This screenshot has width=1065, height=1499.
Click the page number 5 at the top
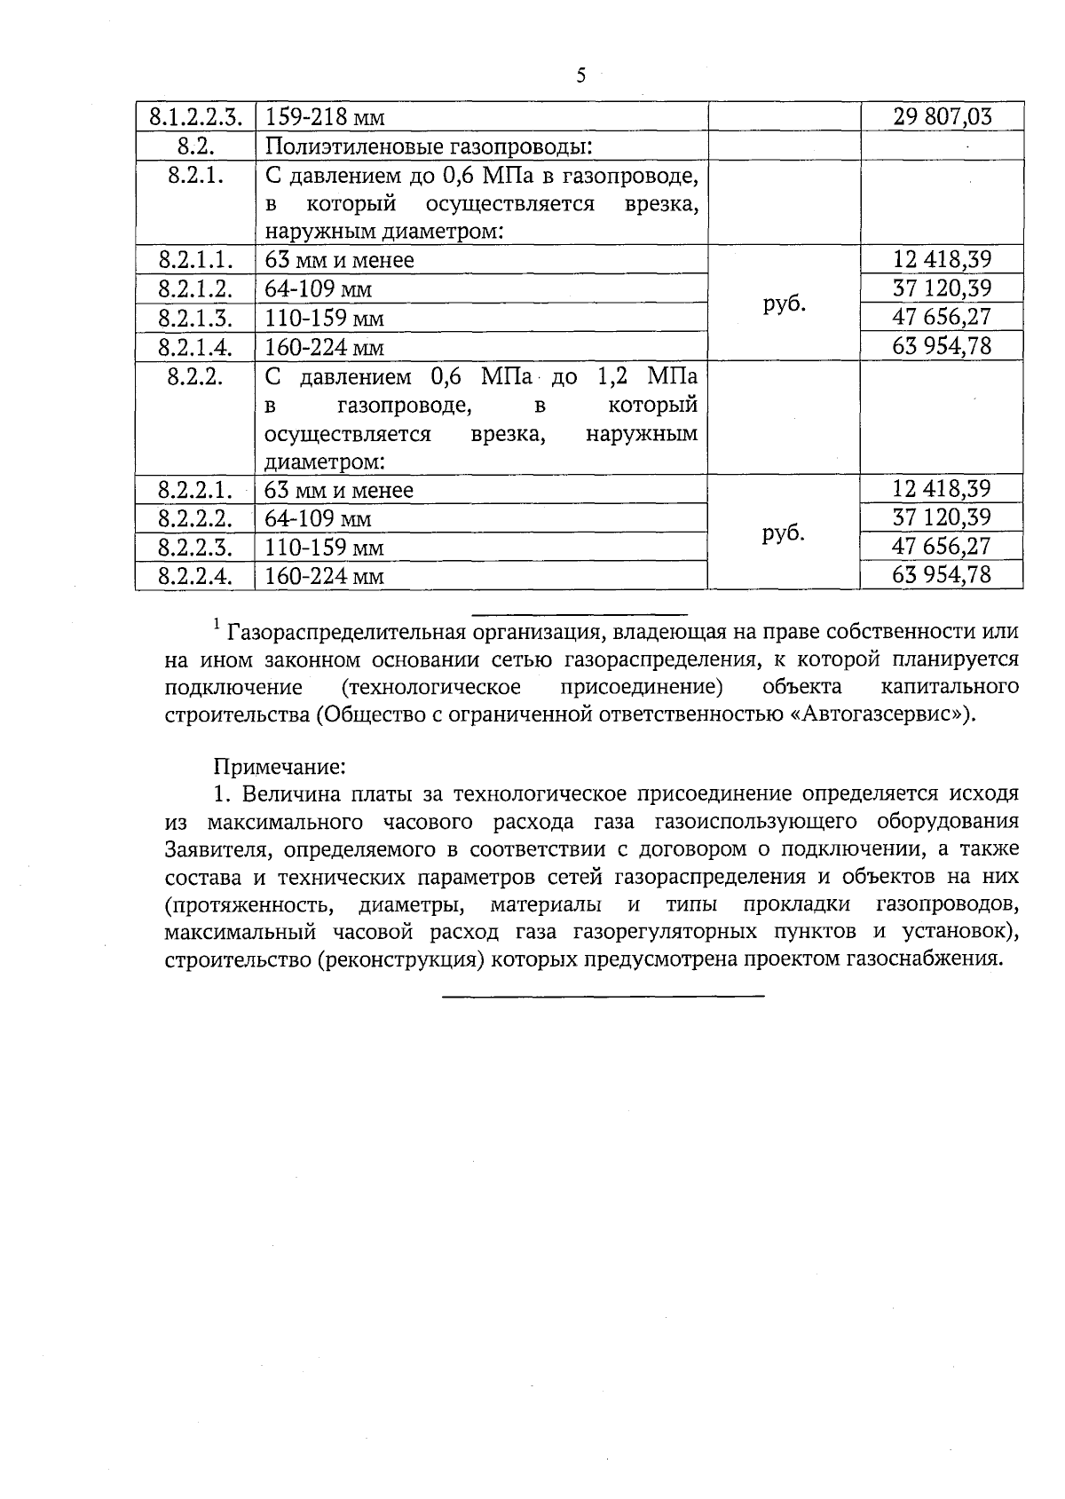[x=581, y=75]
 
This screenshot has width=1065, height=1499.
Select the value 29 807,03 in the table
[x=942, y=116]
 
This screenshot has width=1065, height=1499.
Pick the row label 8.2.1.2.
[x=195, y=289]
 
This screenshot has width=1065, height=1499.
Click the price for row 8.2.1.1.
[x=942, y=259]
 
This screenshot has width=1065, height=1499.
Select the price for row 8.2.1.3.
[x=942, y=317]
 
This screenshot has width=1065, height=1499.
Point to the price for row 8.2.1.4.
[x=942, y=345]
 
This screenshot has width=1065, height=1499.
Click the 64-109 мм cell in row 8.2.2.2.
[x=319, y=518]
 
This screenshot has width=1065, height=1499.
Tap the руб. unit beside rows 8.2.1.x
[x=784, y=303]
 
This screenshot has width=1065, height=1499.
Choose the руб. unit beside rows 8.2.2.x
[x=784, y=533]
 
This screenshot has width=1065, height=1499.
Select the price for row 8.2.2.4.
[x=942, y=574]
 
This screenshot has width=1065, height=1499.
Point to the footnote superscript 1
[x=217, y=627]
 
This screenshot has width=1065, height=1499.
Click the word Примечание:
[x=278, y=765]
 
